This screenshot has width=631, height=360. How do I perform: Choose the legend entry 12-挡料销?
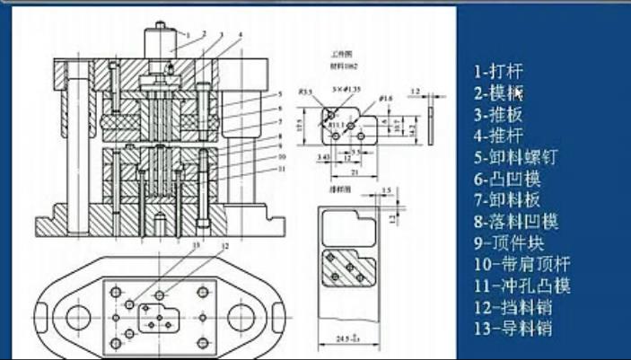[x=513, y=307]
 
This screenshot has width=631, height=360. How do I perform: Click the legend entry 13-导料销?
[x=513, y=329]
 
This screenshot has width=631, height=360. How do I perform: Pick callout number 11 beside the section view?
[x=281, y=168]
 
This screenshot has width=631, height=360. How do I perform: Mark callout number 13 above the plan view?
[x=197, y=244]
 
